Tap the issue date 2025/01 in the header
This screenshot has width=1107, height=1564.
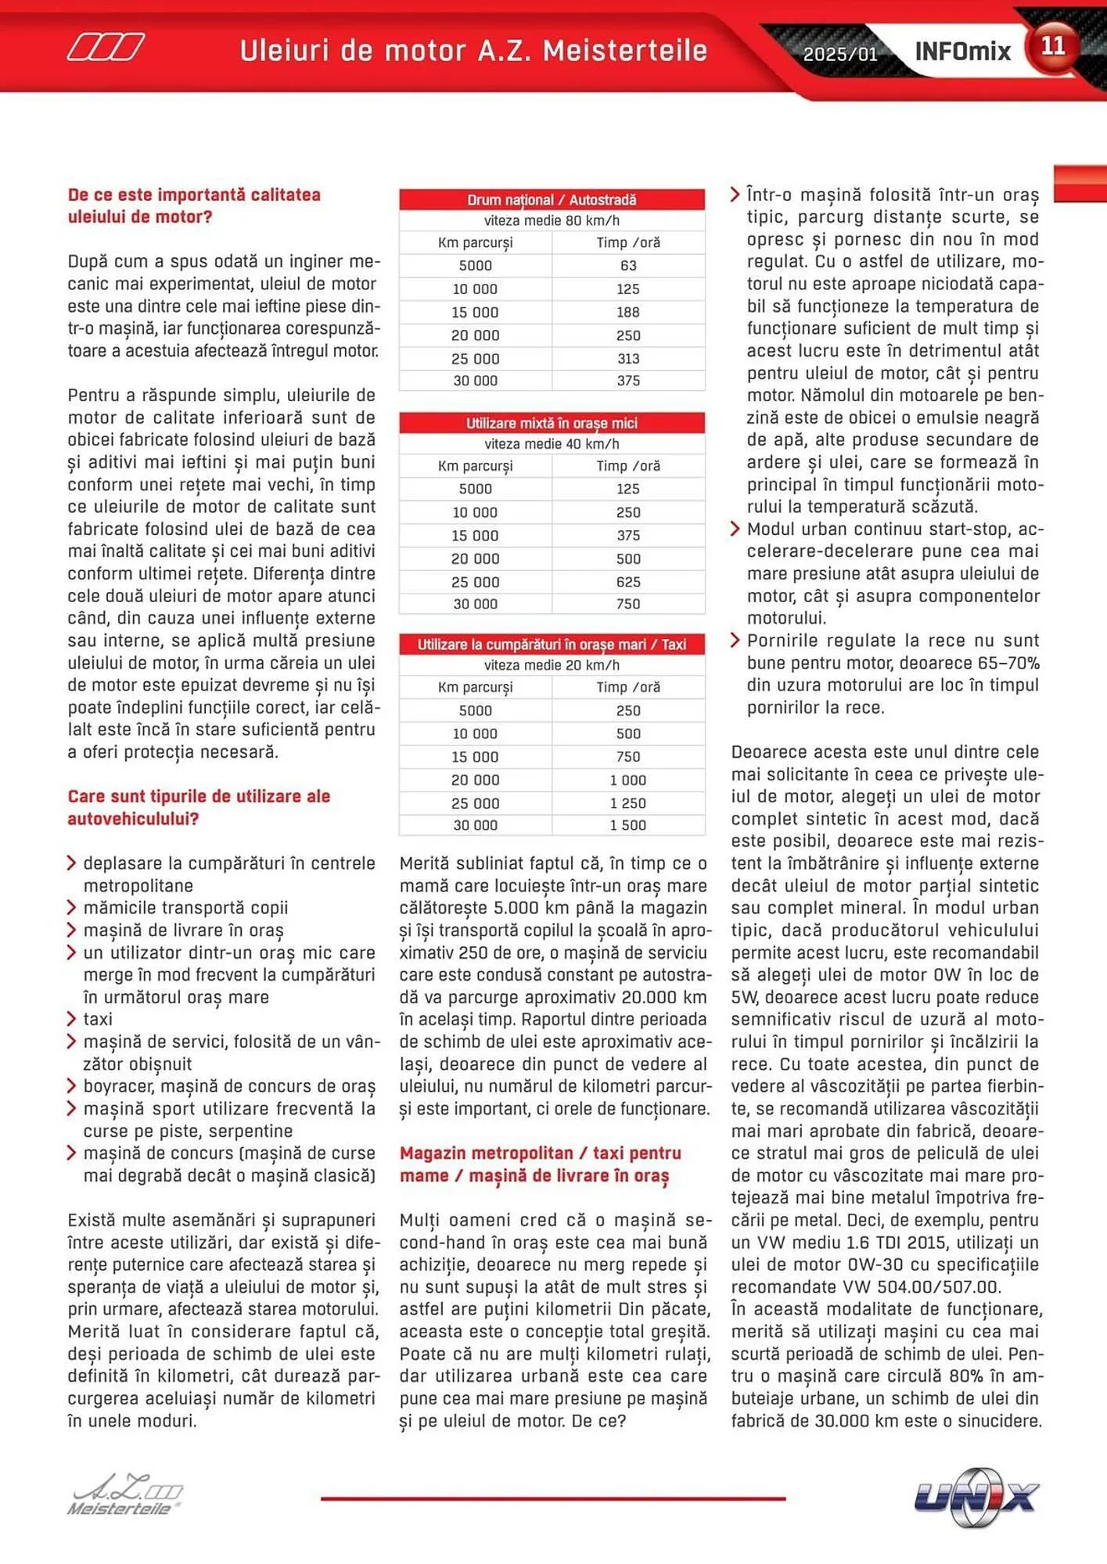pyautogui.click(x=840, y=54)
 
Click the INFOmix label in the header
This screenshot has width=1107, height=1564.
pyautogui.click(x=962, y=52)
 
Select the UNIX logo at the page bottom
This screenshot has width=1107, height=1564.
pyautogui.click(x=976, y=1497)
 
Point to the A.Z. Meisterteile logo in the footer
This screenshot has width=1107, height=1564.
pyautogui.click(x=125, y=1495)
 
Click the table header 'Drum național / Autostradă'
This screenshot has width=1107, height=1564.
pyautogui.click(x=552, y=200)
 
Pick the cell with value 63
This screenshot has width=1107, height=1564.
pyautogui.click(x=628, y=266)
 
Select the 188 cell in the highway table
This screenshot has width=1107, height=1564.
pyautogui.click(x=628, y=312)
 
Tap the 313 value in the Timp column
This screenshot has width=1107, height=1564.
pyautogui.click(x=628, y=359)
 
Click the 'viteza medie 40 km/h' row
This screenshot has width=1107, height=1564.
pyautogui.click(x=552, y=444)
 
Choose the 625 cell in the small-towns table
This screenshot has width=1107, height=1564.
pyautogui.click(x=628, y=582)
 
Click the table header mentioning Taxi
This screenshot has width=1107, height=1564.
pyautogui.click(x=552, y=644)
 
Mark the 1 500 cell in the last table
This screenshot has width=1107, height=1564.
pyautogui.click(x=628, y=825)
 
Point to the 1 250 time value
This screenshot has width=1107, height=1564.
pyautogui.click(x=628, y=803)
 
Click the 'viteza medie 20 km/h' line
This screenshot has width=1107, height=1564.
pyautogui.click(x=552, y=665)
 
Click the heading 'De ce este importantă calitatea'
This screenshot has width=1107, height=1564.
pyautogui.click(x=194, y=195)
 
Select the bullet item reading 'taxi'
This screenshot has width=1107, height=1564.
pyautogui.click(x=98, y=1019)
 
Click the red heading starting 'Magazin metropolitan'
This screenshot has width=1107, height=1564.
pyautogui.click(x=540, y=1153)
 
